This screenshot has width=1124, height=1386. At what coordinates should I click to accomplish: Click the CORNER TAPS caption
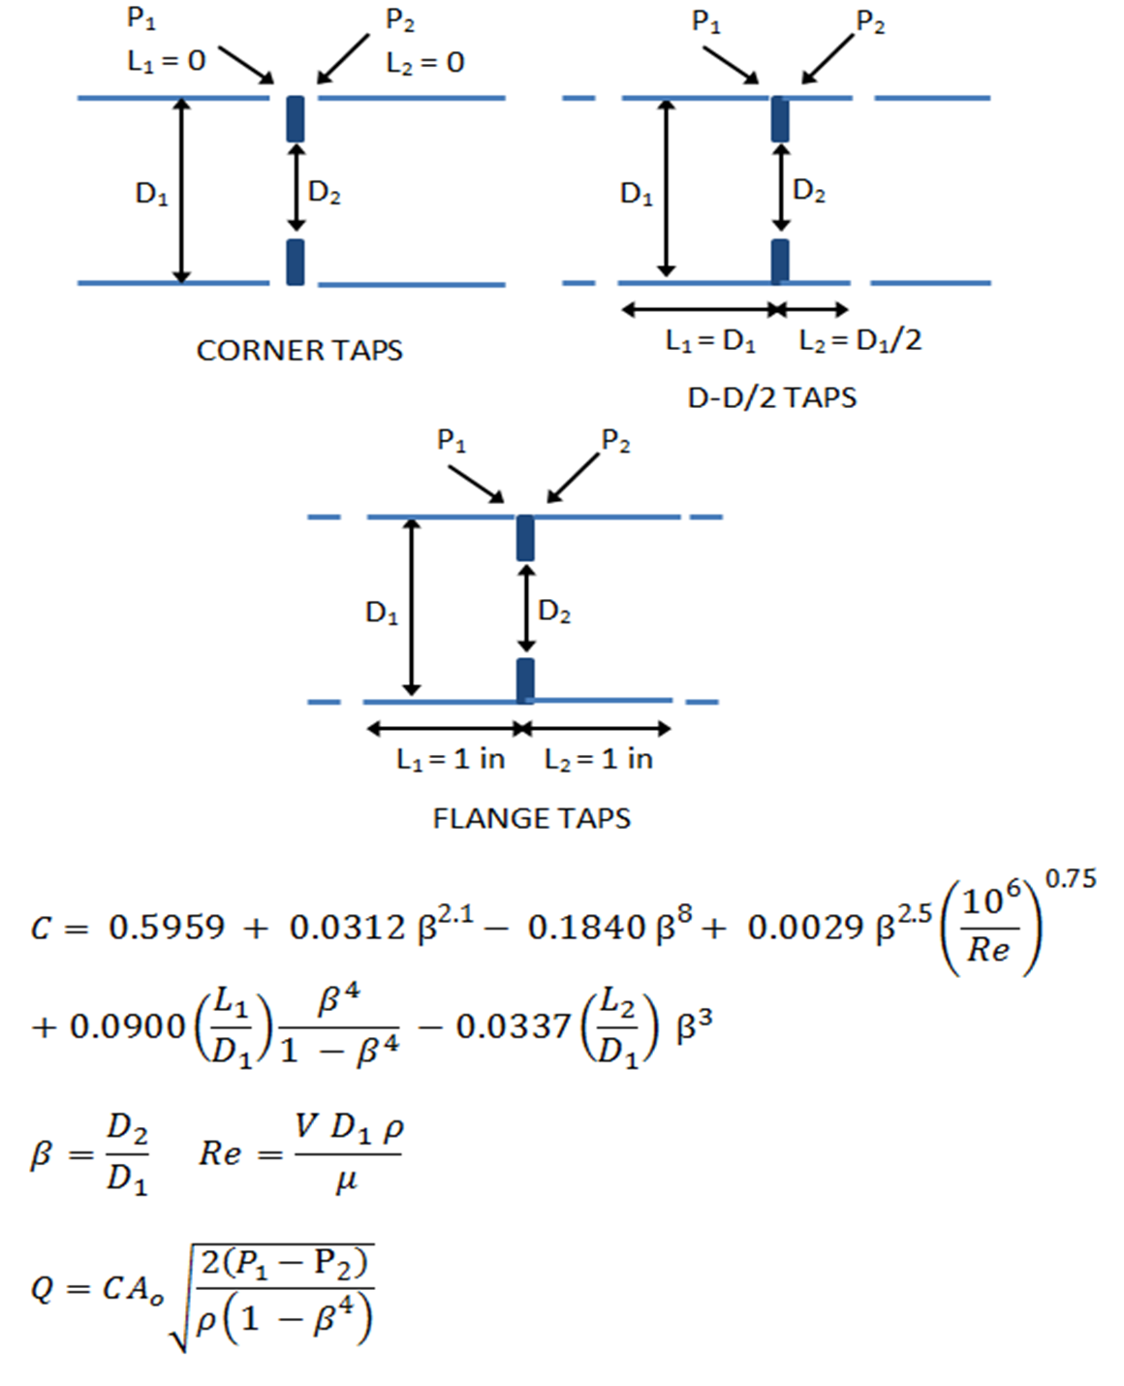[299, 350]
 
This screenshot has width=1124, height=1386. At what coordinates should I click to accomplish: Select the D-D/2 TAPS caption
[771, 397]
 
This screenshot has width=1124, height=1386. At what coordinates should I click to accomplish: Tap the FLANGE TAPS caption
[531, 818]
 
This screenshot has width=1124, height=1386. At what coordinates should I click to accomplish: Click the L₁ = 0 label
[166, 62]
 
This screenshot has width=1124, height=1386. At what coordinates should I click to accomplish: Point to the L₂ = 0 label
[424, 63]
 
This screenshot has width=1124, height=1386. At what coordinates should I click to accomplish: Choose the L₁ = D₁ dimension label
[710, 341]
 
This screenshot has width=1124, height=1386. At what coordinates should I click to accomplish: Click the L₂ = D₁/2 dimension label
[859, 340]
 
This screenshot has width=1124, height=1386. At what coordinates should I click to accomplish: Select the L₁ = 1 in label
[451, 759]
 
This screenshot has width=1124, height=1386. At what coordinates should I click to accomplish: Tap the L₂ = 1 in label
[599, 759]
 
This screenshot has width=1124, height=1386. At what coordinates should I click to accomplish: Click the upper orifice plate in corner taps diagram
[296, 118]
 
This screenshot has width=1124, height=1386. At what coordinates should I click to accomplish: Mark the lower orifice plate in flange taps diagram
[525, 679]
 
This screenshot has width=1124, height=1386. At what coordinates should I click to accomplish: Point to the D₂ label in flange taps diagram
[554, 612]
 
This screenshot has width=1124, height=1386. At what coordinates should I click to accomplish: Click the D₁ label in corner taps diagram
[151, 195]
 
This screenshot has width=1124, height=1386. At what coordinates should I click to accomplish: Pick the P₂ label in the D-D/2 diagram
[870, 22]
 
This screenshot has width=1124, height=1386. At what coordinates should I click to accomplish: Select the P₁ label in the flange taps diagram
[452, 441]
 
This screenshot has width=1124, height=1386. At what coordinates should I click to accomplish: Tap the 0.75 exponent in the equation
[1071, 879]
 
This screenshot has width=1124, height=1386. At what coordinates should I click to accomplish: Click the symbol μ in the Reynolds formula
[346, 1182]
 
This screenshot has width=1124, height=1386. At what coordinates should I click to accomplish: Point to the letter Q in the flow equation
[43, 1289]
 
